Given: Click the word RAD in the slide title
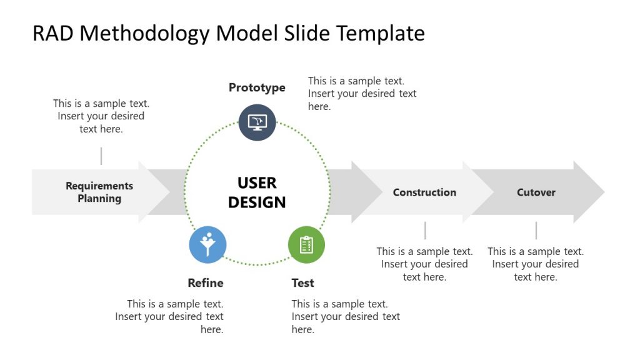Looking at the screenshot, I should pyautogui.click(x=53, y=33).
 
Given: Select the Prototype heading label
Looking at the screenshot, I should pyautogui.click(x=257, y=87).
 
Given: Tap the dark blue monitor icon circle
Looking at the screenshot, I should pyautogui.click(x=257, y=122).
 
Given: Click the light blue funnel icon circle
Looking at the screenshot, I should pyautogui.click(x=207, y=244).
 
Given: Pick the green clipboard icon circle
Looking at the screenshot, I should pyautogui.click(x=306, y=244).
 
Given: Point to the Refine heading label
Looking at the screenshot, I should pyautogui.click(x=206, y=282).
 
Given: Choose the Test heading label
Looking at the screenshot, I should pyautogui.click(x=302, y=283).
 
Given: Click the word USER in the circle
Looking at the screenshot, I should pyautogui.click(x=257, y=183).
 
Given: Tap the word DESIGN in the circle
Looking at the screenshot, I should pyautogui.click(x=257, y=202).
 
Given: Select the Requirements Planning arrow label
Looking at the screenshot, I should pyautogui.click(x=99, y=192).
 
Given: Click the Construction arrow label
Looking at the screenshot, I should pyautogui.click(x=424, y=192).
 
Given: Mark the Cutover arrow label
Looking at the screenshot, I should pyautogui.click(x=536, y=192).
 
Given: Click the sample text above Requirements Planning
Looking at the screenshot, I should pyautogui.click(x=101, y=116).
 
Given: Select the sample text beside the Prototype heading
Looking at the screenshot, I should pyautogui.click(x=362, y=94).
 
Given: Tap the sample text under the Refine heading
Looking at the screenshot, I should pyautogui.click(x=169, y=316).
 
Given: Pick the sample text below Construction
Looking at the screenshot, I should pyautogui.click(x=424, y=264).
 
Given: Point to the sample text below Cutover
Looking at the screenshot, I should pyautogui.click(x=536, y=264).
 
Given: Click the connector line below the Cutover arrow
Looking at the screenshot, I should pyautogui.click(x=536, y=231).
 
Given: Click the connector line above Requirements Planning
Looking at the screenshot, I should pyautogui.click(x=101, y=156).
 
